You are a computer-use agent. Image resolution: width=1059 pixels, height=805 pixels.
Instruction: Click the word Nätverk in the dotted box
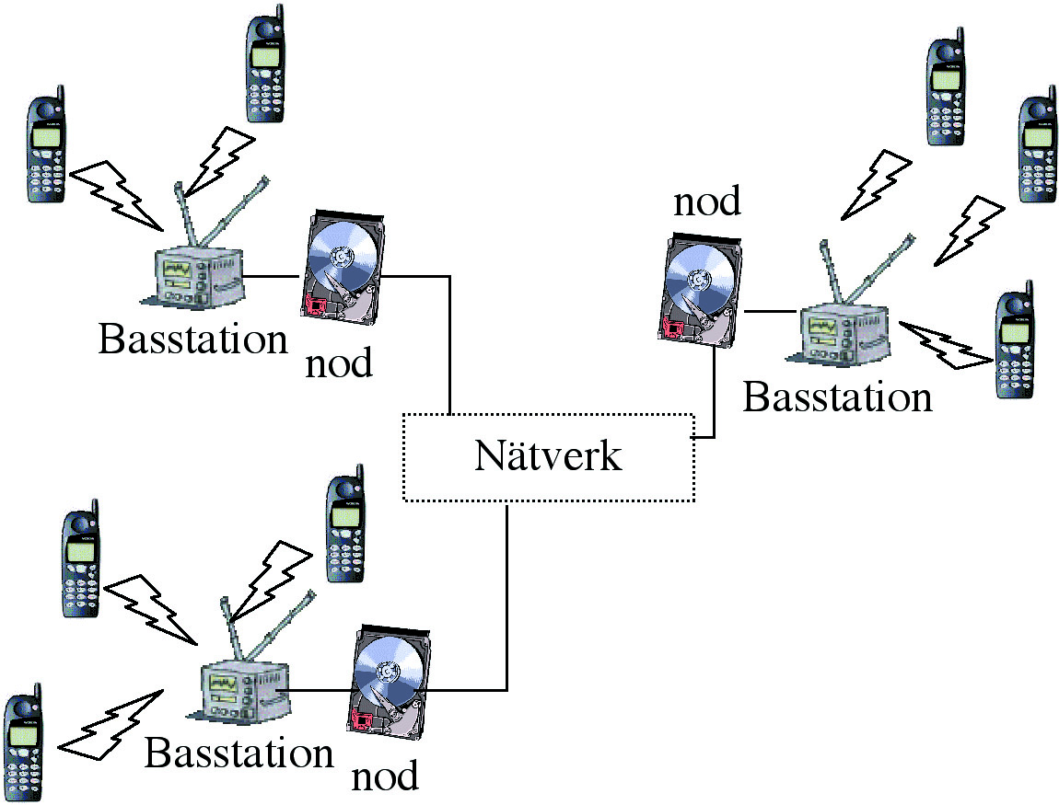coord(548,457)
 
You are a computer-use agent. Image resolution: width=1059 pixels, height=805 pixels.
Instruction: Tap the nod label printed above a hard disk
coord(706,200)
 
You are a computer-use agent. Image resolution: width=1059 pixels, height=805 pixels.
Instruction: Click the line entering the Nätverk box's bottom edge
coord(507,598)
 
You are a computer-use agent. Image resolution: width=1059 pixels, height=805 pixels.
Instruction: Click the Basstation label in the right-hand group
coord(837,397)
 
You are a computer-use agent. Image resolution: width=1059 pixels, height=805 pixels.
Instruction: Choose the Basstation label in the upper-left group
coord(192,339)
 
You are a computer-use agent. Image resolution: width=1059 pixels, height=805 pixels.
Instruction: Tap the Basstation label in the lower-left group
coord(239,753)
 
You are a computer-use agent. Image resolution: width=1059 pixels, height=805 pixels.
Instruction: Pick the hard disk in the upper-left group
coord(342,266)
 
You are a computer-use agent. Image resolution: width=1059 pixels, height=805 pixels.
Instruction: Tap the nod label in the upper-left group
coord(338,362)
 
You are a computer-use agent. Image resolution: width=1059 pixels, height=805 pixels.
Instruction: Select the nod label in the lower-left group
coord(384,776)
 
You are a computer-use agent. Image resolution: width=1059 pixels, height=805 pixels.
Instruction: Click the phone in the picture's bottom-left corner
coord(23,741)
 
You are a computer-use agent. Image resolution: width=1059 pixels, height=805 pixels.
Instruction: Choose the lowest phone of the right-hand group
coord(1015,346)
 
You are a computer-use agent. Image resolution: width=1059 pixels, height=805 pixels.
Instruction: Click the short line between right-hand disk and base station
coord(769,313)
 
